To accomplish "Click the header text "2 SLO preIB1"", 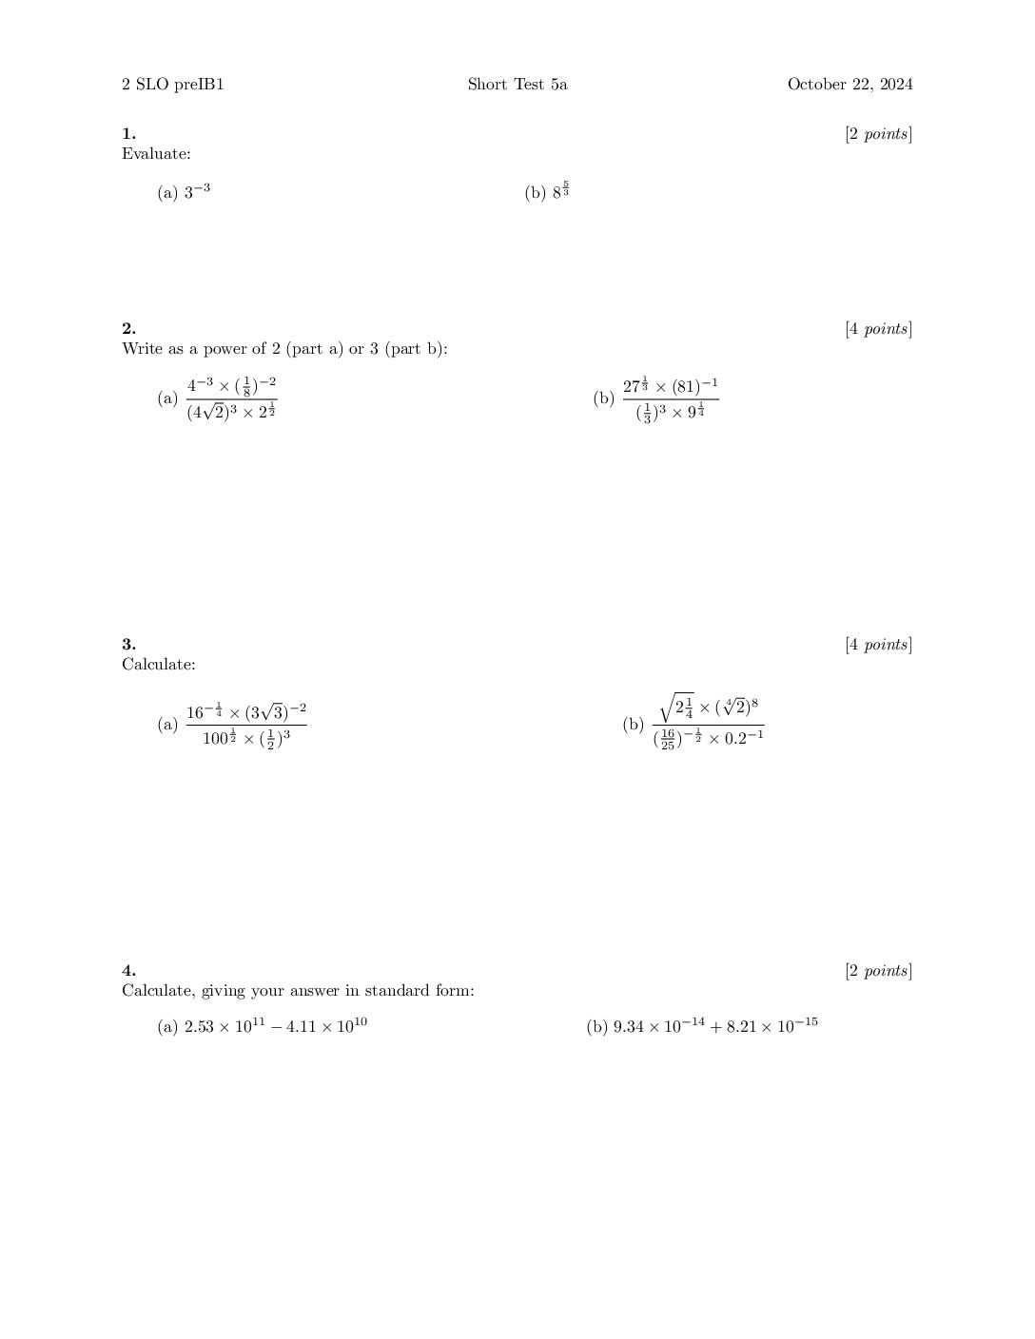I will [x=172, y=85].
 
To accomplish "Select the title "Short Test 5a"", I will [x=517, y=85].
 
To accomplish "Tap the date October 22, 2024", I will [x=849, y=85].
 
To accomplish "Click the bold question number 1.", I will [x=128, y=134].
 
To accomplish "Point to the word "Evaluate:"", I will [x=156, y=153].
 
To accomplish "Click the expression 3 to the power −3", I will [x=197, y=192].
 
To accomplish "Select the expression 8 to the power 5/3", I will [x=561, y=191].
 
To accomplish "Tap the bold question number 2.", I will [x=128, y=329].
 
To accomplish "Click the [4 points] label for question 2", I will [x=878, y=329].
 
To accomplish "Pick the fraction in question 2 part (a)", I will [x=231, y=398].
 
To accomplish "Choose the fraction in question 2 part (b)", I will [x=670, y=399].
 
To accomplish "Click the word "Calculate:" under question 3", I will [x=158, y=664].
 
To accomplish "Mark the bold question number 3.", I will [x=128, y=645].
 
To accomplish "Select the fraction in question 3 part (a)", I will [x=245, y=725].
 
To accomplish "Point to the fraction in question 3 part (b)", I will [x=708, y=724].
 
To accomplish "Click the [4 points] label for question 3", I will [x=878, y=645].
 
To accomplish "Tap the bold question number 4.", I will [x=128, y=971].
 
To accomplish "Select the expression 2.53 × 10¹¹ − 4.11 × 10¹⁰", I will [x=276, y=1026].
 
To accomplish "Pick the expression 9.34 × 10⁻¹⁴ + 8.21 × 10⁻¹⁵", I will [x=715, y=1026].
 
